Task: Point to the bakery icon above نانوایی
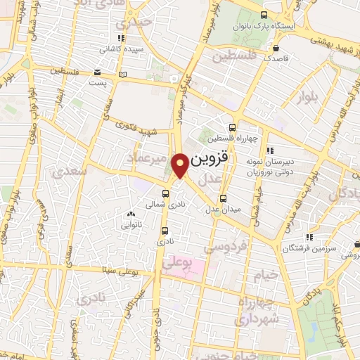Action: tap(131, 214)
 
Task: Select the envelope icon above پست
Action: tap(96, 73)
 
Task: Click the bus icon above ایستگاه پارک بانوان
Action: tap(263, 15)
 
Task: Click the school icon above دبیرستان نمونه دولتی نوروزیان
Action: tap(270, 150)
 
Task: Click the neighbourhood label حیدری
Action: tap(155, 22)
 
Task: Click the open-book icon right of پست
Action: tap(123, 74)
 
